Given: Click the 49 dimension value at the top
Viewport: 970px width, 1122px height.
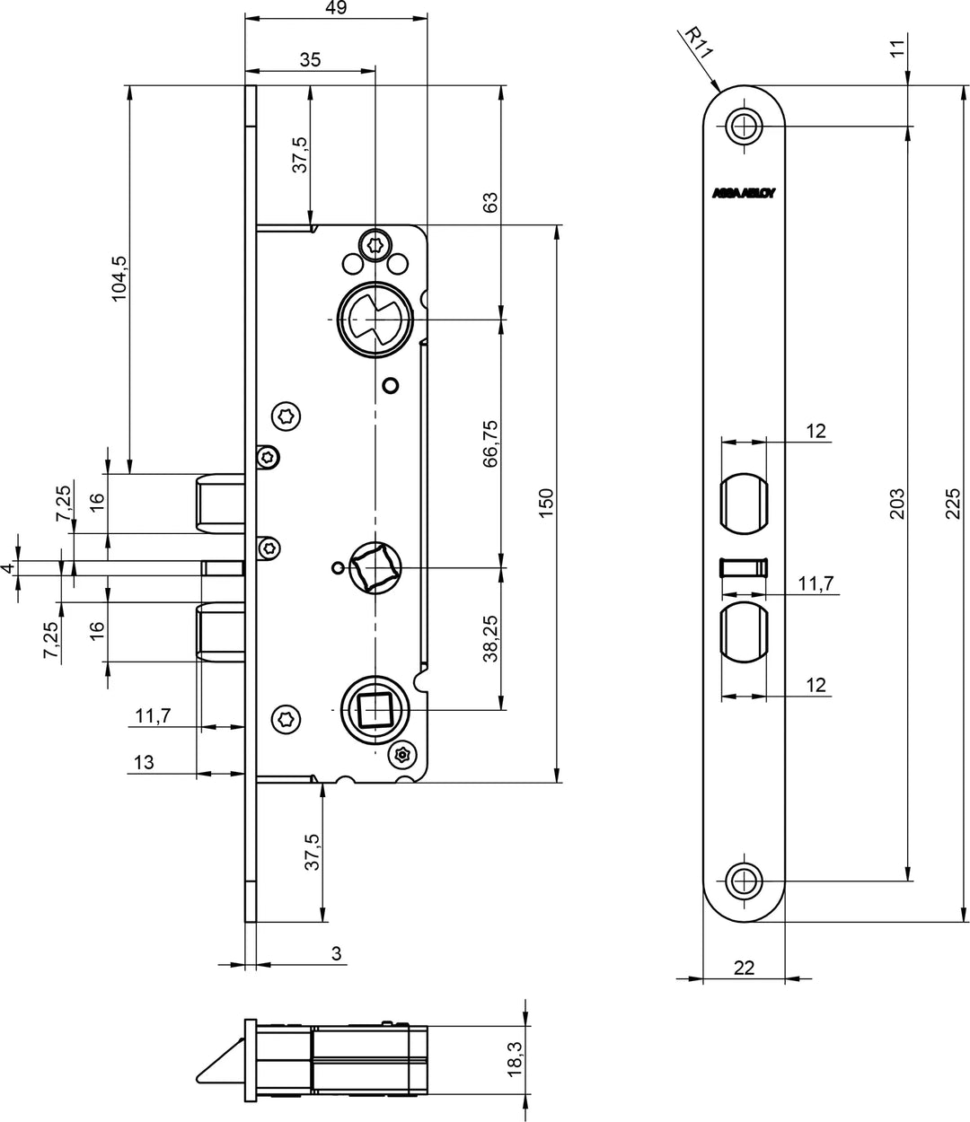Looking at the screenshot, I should [337, 8].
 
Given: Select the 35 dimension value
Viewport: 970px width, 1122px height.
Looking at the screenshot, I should [310, 60].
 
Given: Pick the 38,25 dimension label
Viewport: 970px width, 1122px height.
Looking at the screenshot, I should [490, 639].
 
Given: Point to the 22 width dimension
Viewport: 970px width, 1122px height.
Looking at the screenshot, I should [744, 967].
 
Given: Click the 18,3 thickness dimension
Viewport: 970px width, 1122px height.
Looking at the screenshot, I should [515, 1059].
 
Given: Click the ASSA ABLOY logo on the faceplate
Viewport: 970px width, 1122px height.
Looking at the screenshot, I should [745, 193].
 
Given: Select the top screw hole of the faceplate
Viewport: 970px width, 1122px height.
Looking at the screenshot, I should [744, 126].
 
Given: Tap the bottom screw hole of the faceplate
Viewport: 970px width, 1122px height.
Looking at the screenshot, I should [744, 880].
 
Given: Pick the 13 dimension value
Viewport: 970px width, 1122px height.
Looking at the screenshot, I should [144, 763].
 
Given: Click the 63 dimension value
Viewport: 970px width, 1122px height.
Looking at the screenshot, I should [490, 202].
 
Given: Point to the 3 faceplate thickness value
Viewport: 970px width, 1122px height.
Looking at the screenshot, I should [337, 953].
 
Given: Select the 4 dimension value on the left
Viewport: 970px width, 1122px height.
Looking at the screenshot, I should [8, 568].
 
